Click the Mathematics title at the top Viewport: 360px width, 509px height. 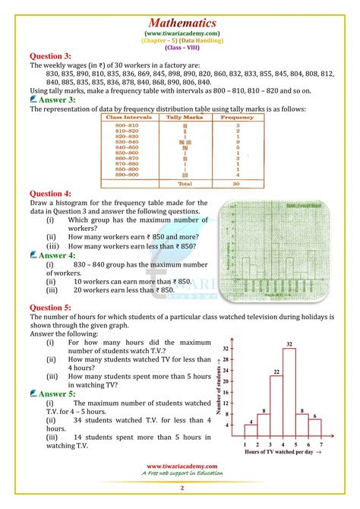click(x=180, y=22)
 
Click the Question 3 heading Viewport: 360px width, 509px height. click(x=49, y=56)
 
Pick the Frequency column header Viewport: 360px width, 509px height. click(x=226, y=119)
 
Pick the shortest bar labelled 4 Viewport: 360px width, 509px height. click(x=250, y=430)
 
